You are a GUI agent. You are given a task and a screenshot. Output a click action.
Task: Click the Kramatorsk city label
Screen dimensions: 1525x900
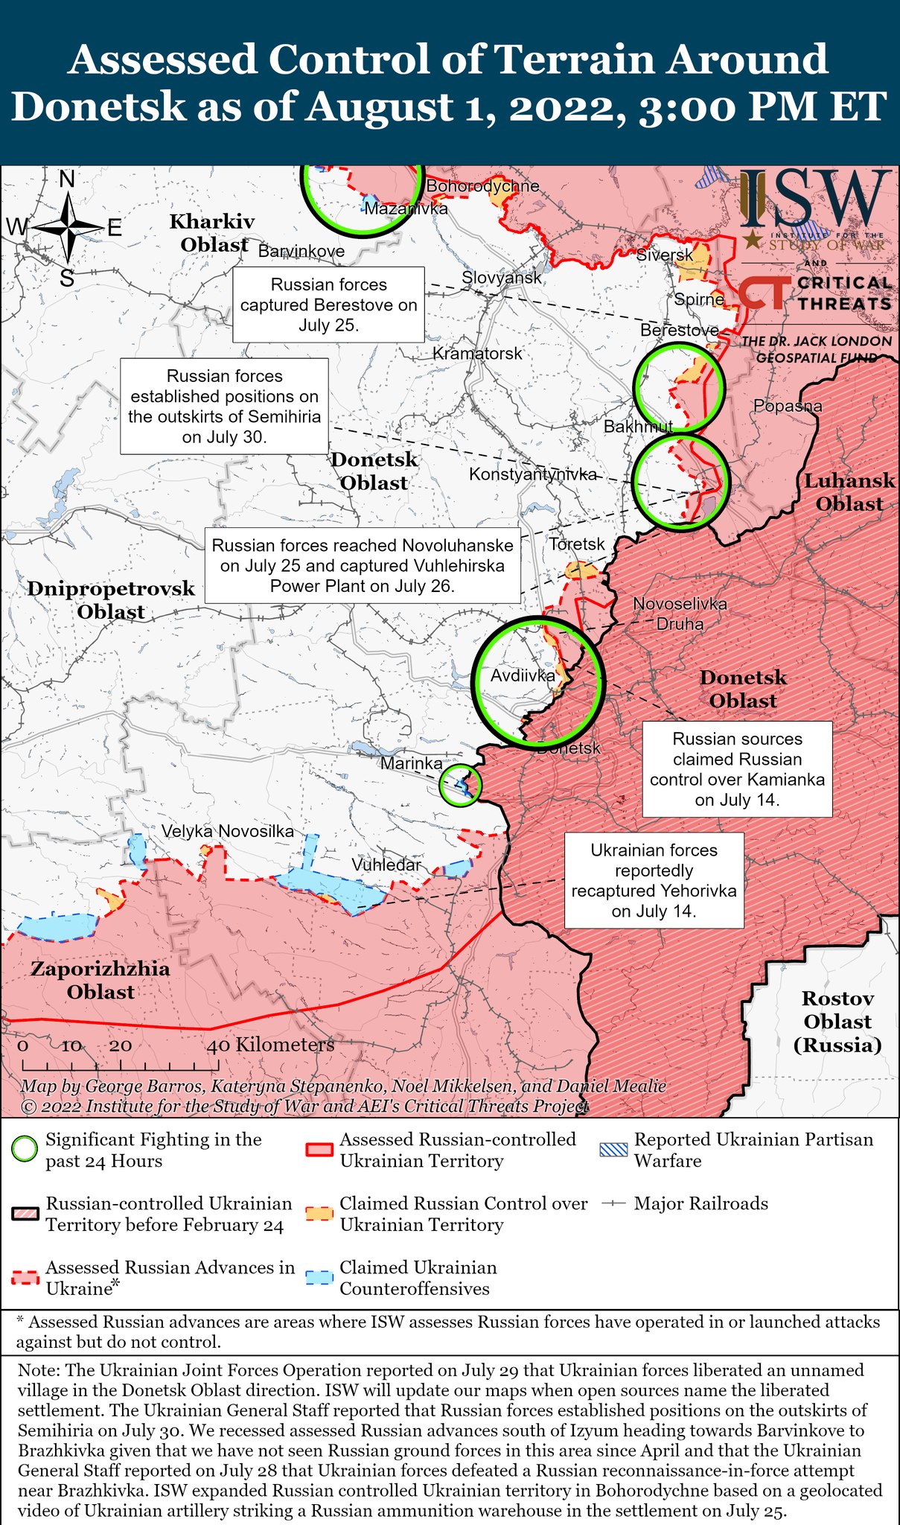point(477,353)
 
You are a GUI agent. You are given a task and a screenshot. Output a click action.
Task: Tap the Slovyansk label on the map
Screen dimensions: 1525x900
point(501,278)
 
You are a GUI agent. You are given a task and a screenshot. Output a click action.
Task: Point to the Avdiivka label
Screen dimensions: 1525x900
point(523,675)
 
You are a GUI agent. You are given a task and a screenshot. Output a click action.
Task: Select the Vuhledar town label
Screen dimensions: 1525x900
point(386,865)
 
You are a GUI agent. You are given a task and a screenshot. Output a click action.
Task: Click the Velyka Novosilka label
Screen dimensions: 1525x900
point(228,831)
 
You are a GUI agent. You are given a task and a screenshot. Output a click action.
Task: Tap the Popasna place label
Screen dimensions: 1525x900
point(787,406)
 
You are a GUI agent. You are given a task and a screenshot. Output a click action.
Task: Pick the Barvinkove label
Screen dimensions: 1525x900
point(301,251)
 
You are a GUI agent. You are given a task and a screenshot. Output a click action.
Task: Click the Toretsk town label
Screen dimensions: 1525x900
point(577,544)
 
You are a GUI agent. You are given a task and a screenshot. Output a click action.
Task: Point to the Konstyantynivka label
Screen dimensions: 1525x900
point(532,474)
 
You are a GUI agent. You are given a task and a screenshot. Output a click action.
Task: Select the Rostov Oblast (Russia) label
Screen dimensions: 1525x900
point(837,1022)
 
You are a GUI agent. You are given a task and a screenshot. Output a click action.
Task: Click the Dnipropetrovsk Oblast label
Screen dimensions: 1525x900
point(111,600)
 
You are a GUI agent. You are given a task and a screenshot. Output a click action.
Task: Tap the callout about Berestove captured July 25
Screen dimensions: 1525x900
point(328,305)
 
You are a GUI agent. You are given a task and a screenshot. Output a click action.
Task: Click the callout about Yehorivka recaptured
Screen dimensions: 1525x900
point(654,880)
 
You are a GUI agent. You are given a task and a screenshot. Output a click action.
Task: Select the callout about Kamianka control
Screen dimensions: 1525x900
point(737,769)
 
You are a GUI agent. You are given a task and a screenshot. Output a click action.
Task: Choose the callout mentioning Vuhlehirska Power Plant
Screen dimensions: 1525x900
point(362,565)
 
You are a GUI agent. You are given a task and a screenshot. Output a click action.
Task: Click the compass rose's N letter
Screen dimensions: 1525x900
point(67,179)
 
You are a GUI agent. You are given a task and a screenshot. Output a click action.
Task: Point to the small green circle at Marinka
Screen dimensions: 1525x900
point(460,785)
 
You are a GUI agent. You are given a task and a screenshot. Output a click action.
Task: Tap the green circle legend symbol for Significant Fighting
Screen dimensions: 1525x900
point(25,1150)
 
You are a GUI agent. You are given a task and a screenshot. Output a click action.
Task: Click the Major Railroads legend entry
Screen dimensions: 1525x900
point(700,1203)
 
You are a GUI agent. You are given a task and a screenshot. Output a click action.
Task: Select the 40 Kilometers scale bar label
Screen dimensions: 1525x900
point(270,1045)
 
